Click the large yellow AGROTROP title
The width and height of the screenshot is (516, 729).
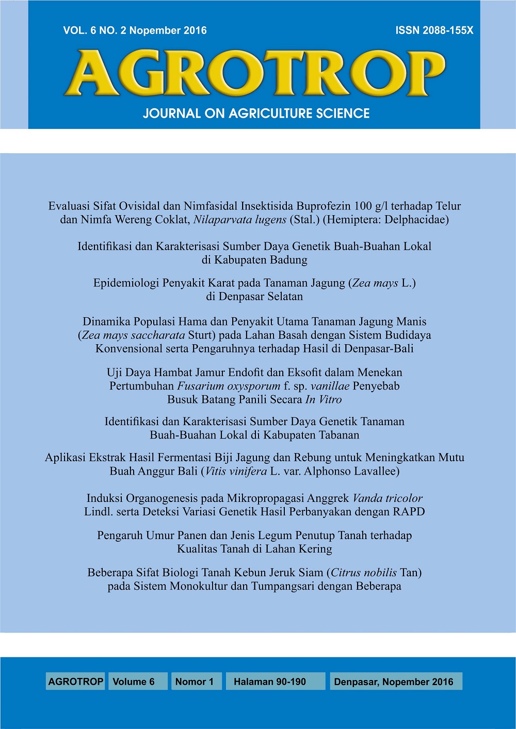[x=255, y=73]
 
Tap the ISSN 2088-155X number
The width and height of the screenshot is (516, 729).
[x=434, y=30]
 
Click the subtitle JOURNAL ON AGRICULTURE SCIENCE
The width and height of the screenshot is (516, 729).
[x=256, y=114]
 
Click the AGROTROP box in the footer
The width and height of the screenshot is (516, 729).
[x=75, y=682]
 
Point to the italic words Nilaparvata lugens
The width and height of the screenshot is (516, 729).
[x=239, y=220]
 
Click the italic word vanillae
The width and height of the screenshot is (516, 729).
[x=330, y=386]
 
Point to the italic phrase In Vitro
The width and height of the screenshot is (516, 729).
[x=324, y=399]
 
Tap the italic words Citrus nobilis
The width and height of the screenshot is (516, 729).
[x=364, y=573]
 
